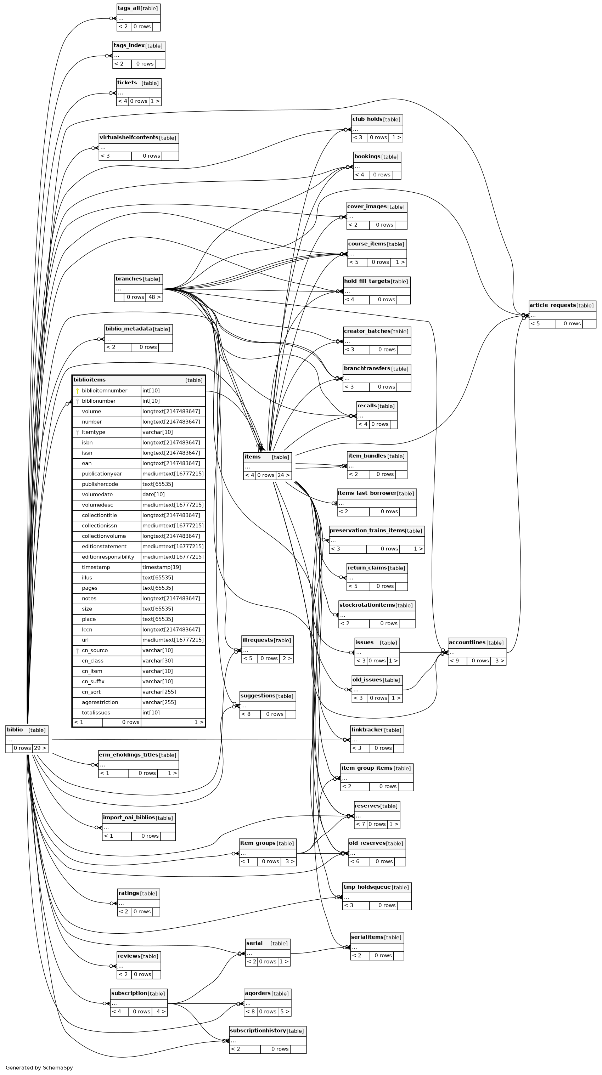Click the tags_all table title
129,9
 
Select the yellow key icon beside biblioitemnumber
78,391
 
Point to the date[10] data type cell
154,494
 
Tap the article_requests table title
552,305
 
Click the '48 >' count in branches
154,297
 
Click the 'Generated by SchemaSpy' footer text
39,1068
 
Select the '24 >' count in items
283,475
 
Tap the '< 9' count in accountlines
454,661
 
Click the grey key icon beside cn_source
78,651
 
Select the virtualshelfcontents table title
129,138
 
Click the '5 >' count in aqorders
284,1011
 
